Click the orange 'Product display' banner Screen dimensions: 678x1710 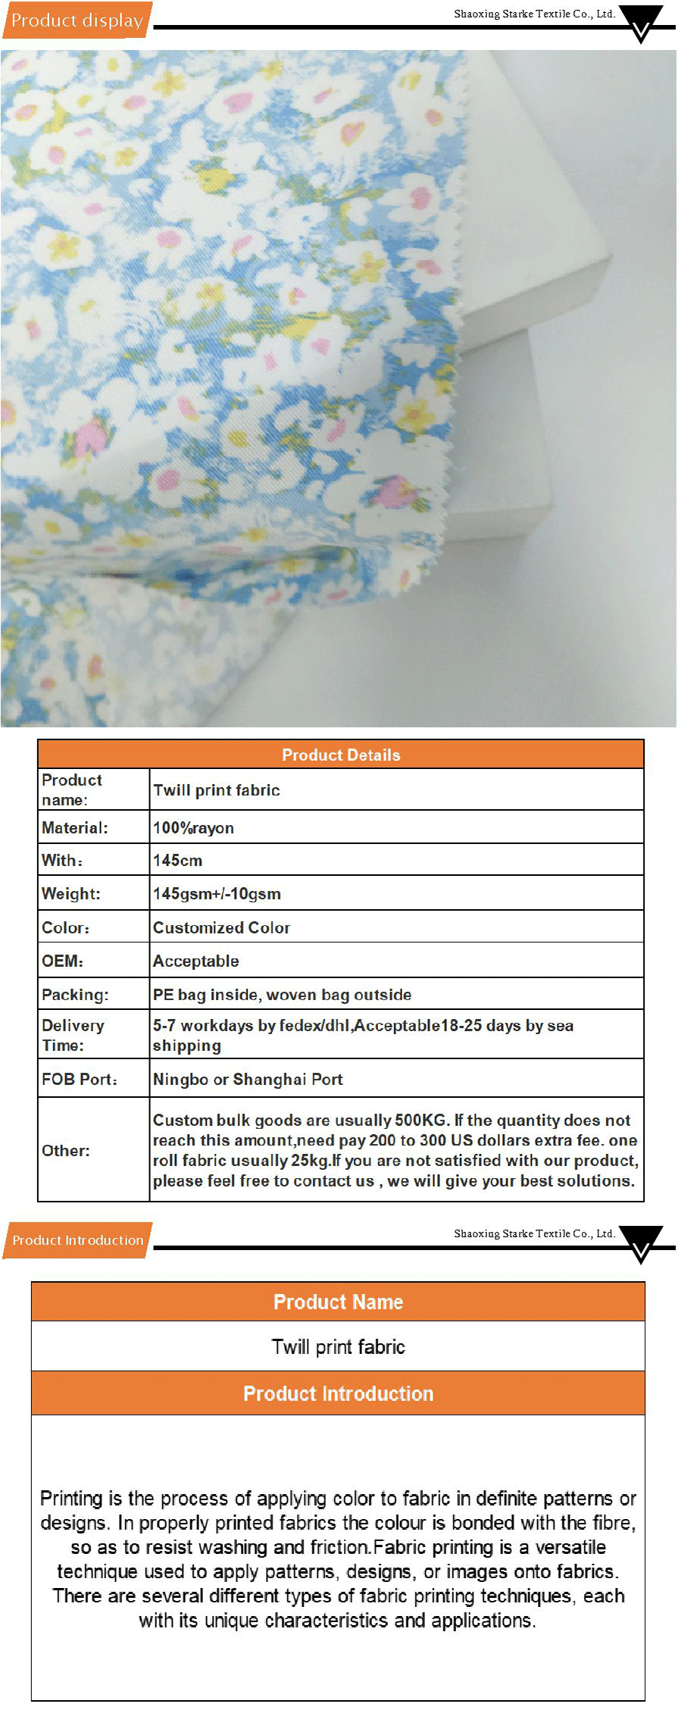77,20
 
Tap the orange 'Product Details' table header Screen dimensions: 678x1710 341,755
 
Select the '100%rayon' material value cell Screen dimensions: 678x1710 193,828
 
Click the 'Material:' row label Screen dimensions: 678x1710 75,828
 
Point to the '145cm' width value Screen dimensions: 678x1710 177,861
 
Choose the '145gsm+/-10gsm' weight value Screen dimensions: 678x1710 217,894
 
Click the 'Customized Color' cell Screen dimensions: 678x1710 221,928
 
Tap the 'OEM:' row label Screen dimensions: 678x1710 63,961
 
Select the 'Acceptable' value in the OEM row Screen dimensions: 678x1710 195,961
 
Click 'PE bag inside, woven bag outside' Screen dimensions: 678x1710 282,995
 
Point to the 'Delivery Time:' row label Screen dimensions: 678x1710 73,1035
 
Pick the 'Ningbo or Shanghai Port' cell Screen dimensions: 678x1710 248,1080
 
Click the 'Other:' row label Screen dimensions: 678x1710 66,1151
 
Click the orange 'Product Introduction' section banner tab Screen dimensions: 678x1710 77,1240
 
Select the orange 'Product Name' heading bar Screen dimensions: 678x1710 338,1302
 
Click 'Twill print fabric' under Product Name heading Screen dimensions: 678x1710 338,1347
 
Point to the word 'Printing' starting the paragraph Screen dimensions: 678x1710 71,1499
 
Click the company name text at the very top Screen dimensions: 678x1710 534,14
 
